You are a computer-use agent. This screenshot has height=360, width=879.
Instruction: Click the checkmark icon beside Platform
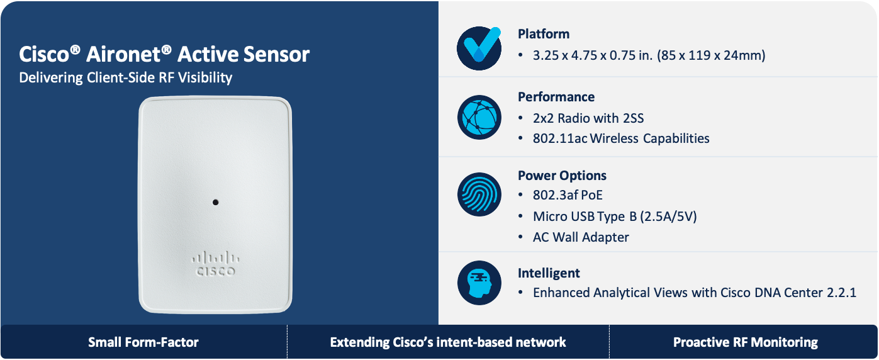[x=479, y=48]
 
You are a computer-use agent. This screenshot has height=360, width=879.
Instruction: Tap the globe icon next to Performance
[x=479, y=117]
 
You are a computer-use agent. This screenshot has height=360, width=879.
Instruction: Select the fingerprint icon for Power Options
[x=479, y=195]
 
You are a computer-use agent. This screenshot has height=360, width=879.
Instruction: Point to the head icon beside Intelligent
[x=479, y=283]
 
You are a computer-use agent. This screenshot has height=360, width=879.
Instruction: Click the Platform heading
[x=544, y=34]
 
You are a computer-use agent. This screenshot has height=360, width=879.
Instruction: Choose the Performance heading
[x=556, y=97]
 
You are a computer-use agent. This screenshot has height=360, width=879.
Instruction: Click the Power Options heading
[x=562, y=176]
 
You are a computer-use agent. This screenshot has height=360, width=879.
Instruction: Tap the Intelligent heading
[x=549, y=273]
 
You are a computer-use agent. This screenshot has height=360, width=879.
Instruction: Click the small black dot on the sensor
[x=215, y=202]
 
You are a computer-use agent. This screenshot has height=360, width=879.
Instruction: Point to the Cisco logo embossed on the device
[x=215, y=264]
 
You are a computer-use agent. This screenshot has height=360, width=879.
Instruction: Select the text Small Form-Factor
[x=143, y=342]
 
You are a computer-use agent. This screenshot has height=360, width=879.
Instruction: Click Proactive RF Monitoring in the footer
[x=746, y=342]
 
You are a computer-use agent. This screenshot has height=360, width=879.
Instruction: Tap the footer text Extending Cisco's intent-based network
[x=448, y=342]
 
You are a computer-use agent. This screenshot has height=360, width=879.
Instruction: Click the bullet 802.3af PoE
[x=568, y=196]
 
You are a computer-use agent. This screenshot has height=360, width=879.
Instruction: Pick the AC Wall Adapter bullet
[x=581, y=237]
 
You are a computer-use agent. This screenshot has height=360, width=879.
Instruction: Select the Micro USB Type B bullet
[x=615, y=217]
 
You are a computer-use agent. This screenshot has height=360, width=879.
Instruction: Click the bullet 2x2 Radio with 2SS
[x=588, y=118]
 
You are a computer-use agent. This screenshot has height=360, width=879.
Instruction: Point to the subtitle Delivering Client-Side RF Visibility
[x=126, y=78]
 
